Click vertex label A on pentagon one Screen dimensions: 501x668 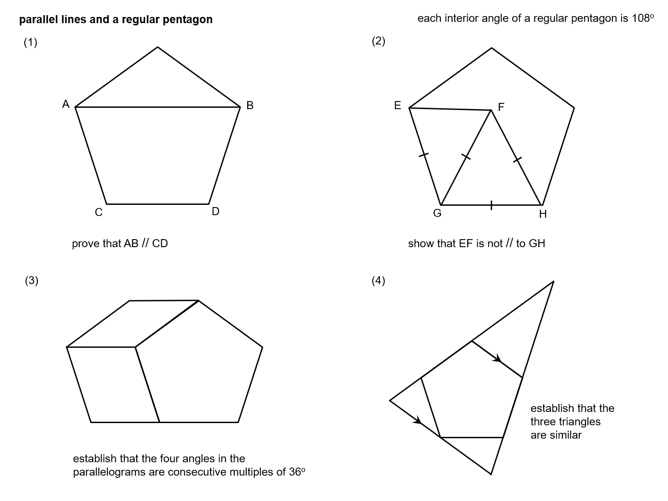tap(66, 104)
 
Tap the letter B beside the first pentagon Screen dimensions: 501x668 tap(250, 106)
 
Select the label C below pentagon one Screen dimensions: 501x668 tap(99, 213)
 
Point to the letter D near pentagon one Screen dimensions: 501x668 tap(216, 212)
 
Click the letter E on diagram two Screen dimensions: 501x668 tap(398, 106)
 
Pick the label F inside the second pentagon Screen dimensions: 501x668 tap(501, 107)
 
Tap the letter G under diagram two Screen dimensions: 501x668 tap(437, 213)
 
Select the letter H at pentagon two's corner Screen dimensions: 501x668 tap(543, 214)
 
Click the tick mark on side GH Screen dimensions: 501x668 tap(491, 205)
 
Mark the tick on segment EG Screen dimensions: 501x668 tap(424, 155)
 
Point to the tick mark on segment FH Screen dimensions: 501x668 tap(517, 159)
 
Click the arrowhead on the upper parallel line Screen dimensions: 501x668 tap(498, 358)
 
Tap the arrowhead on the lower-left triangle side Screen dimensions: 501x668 tap(418, 420)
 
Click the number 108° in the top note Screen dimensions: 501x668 tap(643, 19)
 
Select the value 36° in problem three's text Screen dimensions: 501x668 tap(297, 472)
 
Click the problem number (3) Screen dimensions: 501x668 tap(32, 281)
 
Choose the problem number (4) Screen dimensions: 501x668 tap(379, 281)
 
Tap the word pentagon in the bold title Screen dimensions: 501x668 tap(192, 20)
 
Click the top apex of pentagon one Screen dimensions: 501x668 tap(158, 47)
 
